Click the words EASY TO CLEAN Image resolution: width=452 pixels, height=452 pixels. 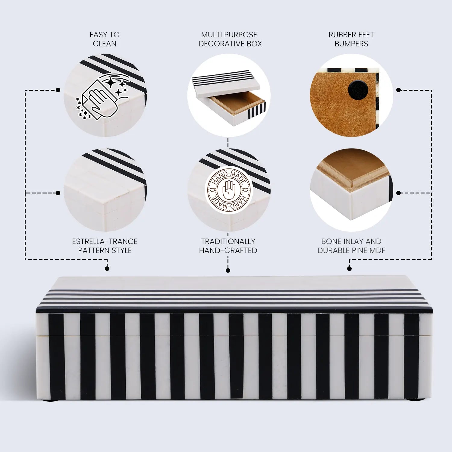[x=105, y=39]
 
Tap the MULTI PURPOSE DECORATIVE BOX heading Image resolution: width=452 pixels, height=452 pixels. [x=230, y=39]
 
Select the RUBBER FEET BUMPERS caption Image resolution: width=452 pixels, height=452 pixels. [x=351, y=39]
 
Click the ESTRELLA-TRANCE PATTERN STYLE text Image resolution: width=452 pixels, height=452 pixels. [x=105, y=246]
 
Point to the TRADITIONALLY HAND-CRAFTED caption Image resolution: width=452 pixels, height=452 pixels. [x=228, y=246]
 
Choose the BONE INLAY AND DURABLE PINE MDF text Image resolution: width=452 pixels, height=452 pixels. [x=351, y=246]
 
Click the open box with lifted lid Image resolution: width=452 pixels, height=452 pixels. [x=229, y=95]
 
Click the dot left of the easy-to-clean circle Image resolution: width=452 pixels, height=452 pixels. [x=58, y=90]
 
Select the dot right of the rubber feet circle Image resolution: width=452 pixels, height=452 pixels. [x=398, y=90]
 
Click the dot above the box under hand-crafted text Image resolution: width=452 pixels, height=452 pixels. [x=228, y=271]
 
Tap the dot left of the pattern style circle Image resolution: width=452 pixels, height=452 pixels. [x=58, y=193]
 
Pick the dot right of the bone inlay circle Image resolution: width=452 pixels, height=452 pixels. [x=398, y=193]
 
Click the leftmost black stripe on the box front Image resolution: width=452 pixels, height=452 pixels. [x=57, y=356]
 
